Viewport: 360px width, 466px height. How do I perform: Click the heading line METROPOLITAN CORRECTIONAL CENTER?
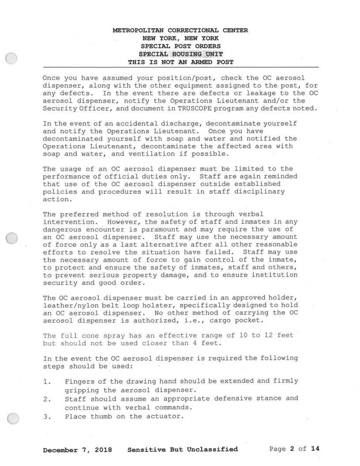point(180,30)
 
